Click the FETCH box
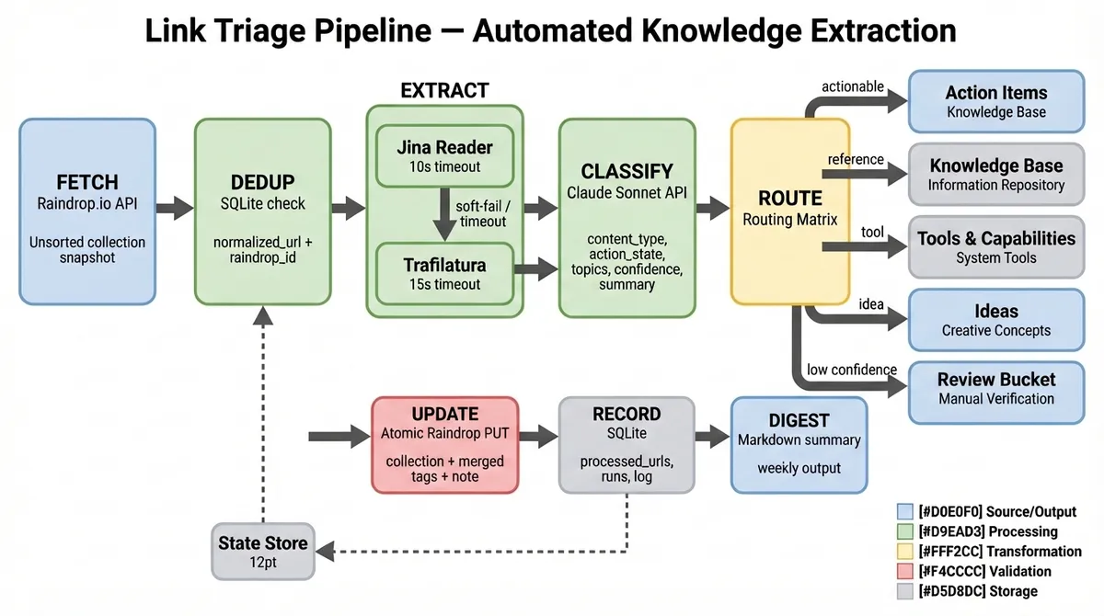87,211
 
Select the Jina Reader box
444,154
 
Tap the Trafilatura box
444,273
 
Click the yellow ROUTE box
789,211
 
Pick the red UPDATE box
444,446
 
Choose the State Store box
263,550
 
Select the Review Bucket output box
996,389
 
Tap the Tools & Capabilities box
996,247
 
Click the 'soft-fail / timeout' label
481,213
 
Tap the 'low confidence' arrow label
851,370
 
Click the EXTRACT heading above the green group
444,90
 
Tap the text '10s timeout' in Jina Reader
444,166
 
